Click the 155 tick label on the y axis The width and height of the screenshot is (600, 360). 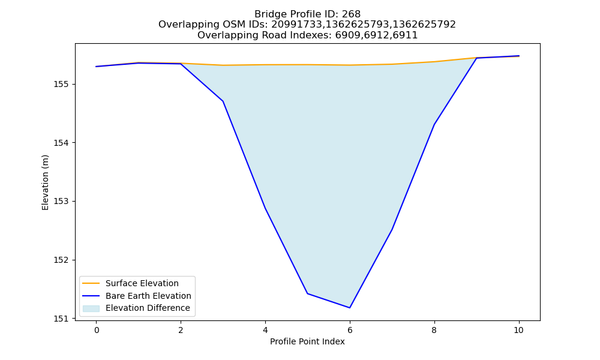point(61,84)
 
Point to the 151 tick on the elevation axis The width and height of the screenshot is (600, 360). point(61,319)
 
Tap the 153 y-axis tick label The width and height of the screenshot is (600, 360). point(61,202)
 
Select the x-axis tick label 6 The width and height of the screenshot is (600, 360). point(350,330)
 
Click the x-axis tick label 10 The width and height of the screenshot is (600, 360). point(518,330)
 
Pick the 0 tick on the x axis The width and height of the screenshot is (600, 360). point(97,330)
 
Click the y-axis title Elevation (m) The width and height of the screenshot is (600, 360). point(45,182)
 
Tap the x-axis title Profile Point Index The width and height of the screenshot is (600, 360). point(307,341)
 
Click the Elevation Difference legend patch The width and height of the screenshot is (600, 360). point(91,308)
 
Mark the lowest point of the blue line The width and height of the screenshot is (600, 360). point(350,308)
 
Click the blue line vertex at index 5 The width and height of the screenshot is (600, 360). point(307,293)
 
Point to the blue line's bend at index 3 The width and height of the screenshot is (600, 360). point(223,101)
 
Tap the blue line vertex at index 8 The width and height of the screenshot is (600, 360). point(434,125)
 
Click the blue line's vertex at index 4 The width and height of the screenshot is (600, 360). point(265,209)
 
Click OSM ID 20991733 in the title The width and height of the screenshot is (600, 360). point(297,25)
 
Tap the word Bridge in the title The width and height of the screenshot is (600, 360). point(268,14)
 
